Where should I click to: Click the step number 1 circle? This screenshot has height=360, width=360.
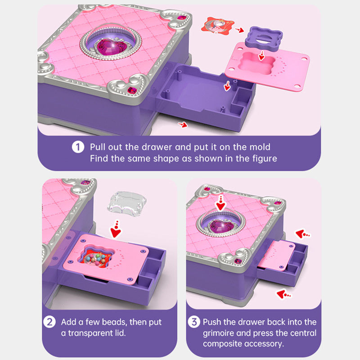click(x=78, y=147)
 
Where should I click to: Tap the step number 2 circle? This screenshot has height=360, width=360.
click(x=49, y=322)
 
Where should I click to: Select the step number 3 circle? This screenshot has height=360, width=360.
click(x=194, y=322)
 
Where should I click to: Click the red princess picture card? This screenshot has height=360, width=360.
click(x=217, y=25)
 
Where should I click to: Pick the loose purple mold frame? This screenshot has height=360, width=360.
click(x=264, y=37)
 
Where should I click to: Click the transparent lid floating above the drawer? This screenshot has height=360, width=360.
click(x=127, y=204)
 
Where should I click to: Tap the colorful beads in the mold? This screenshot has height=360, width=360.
click(x=96, y=259)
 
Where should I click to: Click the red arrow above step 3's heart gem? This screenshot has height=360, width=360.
click(x=221, y=203)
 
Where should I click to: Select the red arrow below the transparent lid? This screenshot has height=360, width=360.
click(x=116, y=229)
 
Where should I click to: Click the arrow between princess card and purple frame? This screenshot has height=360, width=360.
click(x=239, y=30)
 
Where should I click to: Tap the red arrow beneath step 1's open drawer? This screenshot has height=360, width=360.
click(x=183, y=125)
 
